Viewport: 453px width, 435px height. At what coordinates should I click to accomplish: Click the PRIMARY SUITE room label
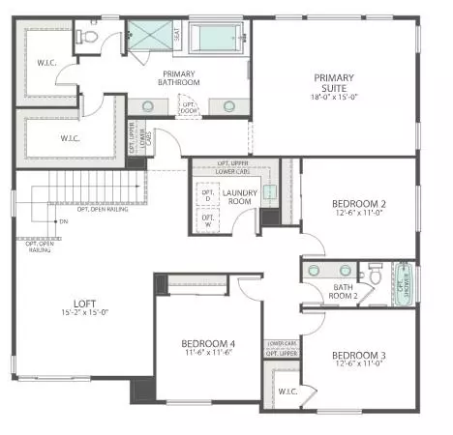click(x=332, y=85)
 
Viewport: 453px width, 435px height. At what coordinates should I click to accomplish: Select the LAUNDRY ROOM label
click(x=239, y=197)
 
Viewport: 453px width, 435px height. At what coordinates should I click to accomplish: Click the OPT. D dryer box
click(x=207, y=195)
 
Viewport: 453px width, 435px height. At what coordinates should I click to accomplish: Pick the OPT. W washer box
click(x=207, y=219)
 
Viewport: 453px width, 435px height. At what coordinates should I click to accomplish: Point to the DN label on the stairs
click(x=63, y=221)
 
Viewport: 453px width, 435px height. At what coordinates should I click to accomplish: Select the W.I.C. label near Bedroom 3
click(x=287, y=391)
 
